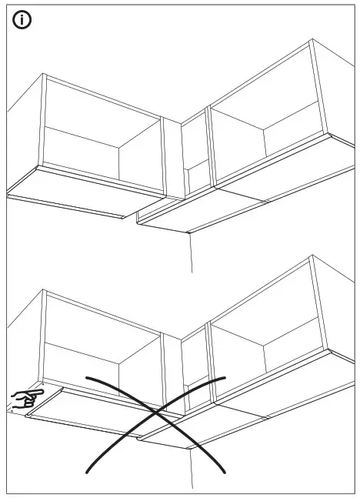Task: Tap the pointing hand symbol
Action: click(x=26, y=398)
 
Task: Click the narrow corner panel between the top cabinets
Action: click(x=195, y=154)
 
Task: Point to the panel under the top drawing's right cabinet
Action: click(x=208, y=213)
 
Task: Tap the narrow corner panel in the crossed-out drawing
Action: click(x=195, y=366)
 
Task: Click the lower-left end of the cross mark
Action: click(x=87, y=471)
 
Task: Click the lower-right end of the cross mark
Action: click(x=224, y=470)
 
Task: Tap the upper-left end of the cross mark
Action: click(x=87, y=378)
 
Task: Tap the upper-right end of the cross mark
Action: click(x=225, y=377)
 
